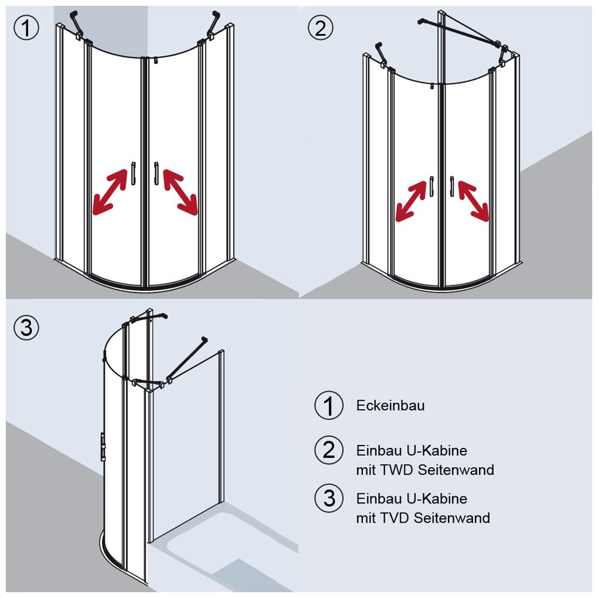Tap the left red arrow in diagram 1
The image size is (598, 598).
(111, 191)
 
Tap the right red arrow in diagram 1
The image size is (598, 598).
(180, 191)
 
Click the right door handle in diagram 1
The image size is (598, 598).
(155, 173)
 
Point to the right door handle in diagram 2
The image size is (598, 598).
(452, 186)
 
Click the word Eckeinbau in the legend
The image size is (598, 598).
(390, 405)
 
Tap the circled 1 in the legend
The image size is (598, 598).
(329, 406)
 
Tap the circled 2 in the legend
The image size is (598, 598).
(329, 450)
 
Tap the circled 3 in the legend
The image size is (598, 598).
(329, 498)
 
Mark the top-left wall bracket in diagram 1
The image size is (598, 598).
(76, 23)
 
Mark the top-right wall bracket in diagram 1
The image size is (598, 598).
(213, 23)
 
